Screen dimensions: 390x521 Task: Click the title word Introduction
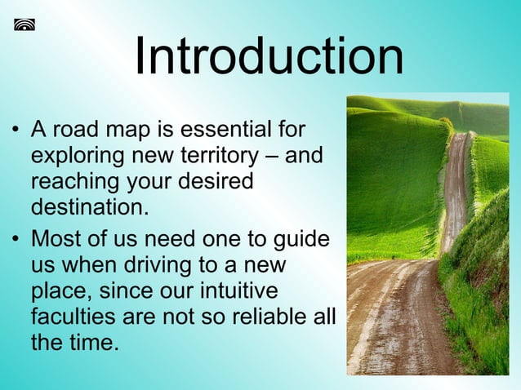pyautogui.click(x=269, y=57)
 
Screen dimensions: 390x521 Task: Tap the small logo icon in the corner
pyautogui.click(x=24, y=24)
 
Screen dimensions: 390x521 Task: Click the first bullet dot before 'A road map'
pyautogui.click(x=16, y=131)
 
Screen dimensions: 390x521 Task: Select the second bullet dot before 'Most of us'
pyautogui.click(x=16, y=242)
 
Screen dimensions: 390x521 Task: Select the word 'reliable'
pyautogui.click(x=271, y=317)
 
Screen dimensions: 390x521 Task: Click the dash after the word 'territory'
pyautogui.click(x=273, y=156)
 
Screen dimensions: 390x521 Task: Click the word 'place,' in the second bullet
pyautogui.click(x=64, y=292)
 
